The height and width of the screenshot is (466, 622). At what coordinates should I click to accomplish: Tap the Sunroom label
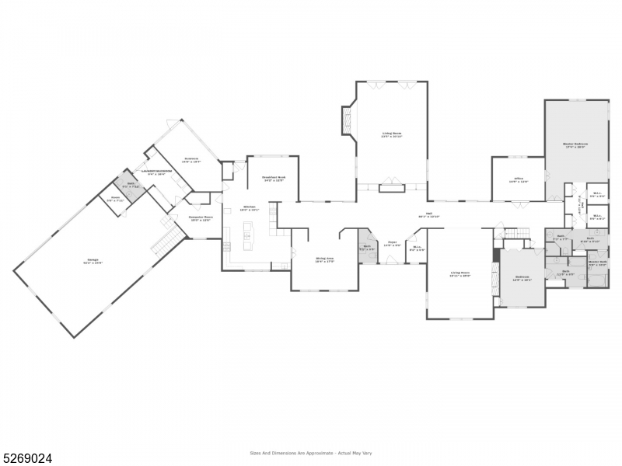[x=190, y=160]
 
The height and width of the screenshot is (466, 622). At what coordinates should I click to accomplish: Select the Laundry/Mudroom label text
[x=155, y=172]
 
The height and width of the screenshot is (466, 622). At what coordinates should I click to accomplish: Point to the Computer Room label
[x=200, y=219]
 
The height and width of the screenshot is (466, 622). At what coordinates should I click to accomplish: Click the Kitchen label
[x=249, y=208]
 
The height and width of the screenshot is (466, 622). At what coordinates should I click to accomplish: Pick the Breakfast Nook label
[x=274, y=178]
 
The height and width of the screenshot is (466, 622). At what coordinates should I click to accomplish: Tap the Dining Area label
[x=324, y=259]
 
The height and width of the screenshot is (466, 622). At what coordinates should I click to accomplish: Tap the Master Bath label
[x=597, y=263]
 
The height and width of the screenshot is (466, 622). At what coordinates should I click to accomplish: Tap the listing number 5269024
[x=27, y=458]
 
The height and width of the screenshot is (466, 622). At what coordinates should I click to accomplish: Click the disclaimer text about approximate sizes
[x=310, y=452]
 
